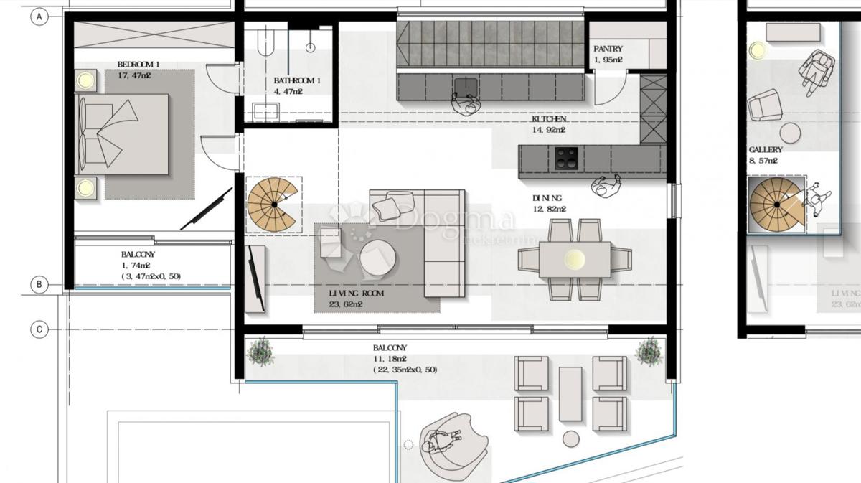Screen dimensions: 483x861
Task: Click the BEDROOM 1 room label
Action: [x=138, y=65]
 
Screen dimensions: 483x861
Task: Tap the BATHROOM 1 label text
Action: [x=297, y=81]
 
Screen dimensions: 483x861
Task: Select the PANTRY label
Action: [x=608, y=49]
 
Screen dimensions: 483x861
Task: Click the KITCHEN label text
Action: [x=549, y=119]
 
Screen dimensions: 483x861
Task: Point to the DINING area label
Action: [x=547, y=198]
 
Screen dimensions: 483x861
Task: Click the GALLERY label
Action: [x=765, y=150]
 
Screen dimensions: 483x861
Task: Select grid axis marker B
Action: [x=39, y=285]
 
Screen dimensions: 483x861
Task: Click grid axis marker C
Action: [x=39, y=329]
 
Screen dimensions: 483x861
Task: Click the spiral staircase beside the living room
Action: [x=273, y=204]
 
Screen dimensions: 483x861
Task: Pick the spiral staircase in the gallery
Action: [x=776, y=205]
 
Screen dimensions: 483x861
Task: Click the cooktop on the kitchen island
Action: [x=565, y=157]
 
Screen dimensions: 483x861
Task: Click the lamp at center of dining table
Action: [x=575, y=259]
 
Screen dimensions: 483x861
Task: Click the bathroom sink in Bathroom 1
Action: [x=265, y=111]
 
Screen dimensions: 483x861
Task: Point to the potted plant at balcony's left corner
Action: [x=259, y=352]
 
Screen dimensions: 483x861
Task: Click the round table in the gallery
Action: [x=791, y=133]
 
